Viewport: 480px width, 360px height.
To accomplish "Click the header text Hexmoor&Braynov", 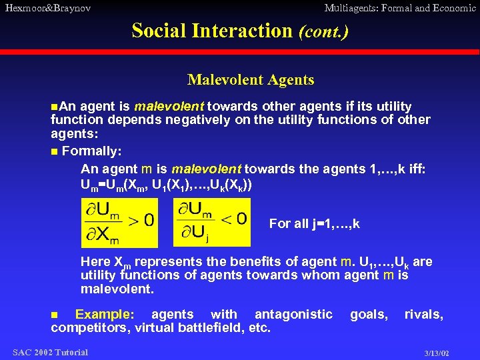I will pos(47,8).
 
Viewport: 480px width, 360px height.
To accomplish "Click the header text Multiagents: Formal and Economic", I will pos(400,8).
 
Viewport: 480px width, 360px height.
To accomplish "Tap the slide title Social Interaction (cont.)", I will pos(240,31).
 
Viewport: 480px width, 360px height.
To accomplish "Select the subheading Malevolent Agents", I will pos(251,80).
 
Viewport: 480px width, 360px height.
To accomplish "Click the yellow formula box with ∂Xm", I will pos(119,223).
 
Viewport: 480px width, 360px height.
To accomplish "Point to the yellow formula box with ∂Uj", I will pos(212,223).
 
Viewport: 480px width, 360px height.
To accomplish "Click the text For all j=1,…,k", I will pos(314,224).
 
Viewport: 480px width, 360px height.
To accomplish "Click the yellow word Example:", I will pos(104,314).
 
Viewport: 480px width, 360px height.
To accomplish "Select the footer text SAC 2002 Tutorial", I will pos(50,352).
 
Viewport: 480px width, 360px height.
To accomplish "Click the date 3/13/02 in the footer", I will pos(437,353).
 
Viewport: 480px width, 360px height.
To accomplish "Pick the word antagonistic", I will pos(293,314).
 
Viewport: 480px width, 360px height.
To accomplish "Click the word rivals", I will pos(423,314).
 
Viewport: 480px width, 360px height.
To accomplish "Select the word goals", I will pos(369,314).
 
